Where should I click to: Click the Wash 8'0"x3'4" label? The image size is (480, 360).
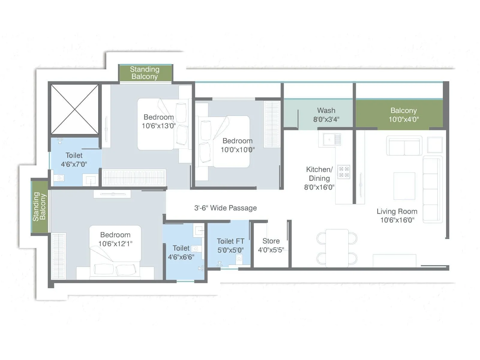coord(326,115)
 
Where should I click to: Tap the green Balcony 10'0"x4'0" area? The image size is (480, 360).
coord(403,115)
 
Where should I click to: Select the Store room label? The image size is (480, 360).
coord(271,241)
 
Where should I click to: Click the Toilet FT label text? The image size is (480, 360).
coord(230,241)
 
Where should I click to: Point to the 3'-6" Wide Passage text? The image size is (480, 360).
coord(225,208)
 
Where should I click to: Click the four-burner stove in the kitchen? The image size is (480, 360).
coord(343,172)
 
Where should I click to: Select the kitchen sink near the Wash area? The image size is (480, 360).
coord(329,139)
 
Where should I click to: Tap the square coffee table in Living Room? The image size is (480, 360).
coord(404,186)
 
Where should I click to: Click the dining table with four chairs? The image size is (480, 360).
coord(337,248)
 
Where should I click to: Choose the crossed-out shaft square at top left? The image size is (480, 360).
coord(74,109)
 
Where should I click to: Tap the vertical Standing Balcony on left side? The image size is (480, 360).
coord(39,207)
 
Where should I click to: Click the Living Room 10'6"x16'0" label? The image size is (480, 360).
coord(397,216)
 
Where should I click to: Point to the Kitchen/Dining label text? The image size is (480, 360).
coord(319,174)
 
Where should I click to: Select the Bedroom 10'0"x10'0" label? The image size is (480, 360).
coord(237,145)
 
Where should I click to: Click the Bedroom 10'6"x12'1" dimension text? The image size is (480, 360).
coord(115,244)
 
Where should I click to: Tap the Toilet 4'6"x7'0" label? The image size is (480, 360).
coord(74,160)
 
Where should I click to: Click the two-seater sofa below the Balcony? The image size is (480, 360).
coord(404,146)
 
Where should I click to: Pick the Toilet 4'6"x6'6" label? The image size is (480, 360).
coord(181,253)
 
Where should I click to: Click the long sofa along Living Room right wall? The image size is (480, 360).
coord(432,189)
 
